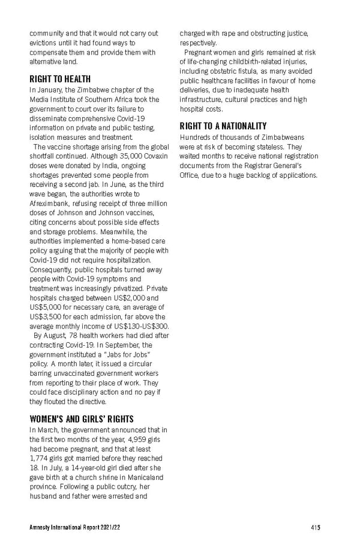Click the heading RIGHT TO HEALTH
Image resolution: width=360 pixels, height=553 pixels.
point(60,79)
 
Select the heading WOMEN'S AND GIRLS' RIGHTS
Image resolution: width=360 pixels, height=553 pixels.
point(81,419)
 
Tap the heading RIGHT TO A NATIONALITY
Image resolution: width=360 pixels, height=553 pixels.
point(223,126)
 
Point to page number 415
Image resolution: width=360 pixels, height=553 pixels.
point(315,528)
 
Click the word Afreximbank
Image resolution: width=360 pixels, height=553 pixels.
point(49,204)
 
